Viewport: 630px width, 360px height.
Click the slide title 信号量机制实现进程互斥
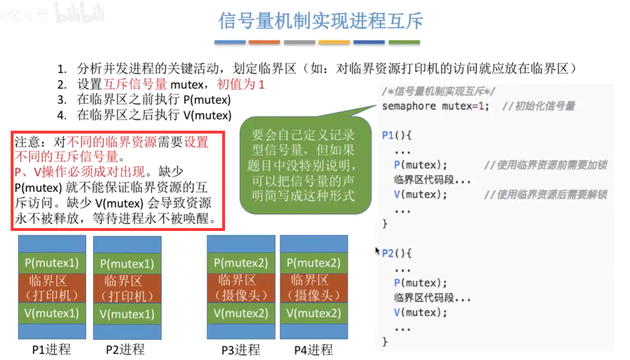click(320, 21)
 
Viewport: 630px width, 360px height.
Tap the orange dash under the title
click(264, 42)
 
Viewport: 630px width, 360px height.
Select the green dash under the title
click(404, 42)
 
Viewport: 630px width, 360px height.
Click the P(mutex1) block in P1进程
click(52, 263)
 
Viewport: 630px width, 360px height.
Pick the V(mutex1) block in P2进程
click(127, 314)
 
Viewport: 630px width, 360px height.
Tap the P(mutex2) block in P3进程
click(241, 263)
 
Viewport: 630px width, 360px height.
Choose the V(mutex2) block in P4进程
click(314, 314)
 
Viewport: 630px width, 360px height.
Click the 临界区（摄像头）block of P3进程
click(241, 288)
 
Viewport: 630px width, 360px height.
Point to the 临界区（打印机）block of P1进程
click(52, 288)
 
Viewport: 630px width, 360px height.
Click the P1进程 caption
click(51, 350)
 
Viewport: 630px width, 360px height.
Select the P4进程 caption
click(313, 350)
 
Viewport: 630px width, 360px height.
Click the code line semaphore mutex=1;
click(435, 106)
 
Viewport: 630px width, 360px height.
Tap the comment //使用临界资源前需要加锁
click(545, 165)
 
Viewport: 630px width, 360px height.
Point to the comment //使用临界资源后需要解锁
click(545, 195)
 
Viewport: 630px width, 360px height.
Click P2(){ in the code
click(397, 253)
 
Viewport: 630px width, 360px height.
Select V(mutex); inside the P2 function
click(420, 313)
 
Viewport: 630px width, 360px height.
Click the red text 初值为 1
click(241, 84)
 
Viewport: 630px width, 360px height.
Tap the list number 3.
click(62, 100)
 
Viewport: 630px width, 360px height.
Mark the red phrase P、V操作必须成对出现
click(80, 172)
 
